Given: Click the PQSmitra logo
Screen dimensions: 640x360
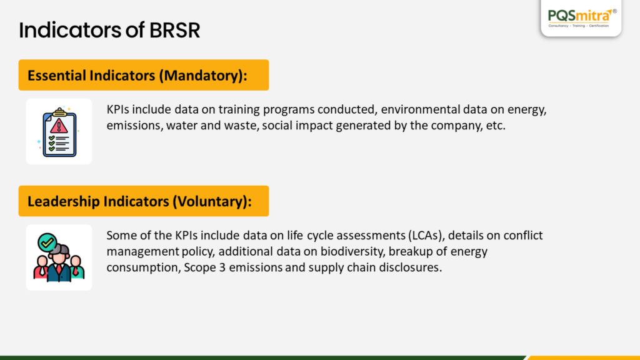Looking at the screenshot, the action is point(581,18).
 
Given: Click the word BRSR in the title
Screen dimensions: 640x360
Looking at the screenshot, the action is point(174,30).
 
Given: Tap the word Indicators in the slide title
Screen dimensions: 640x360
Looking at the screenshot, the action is point(69,30).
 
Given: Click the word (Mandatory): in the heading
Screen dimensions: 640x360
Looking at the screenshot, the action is point(203,76).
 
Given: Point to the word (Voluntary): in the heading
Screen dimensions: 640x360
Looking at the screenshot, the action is point(212,202).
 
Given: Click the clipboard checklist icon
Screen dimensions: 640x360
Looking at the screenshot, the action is point(59,132).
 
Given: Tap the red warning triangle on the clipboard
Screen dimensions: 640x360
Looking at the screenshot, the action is point(59,126).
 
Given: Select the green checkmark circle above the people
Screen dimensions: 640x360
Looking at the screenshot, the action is point(47,243).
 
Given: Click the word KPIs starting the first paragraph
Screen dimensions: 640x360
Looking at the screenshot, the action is point(118,109).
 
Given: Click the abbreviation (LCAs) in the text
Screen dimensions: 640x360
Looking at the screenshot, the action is point(425,236).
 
